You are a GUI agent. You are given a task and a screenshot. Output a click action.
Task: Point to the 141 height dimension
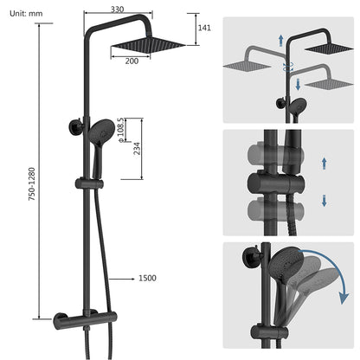point(204,28)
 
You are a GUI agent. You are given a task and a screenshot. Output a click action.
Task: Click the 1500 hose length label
point(148,279)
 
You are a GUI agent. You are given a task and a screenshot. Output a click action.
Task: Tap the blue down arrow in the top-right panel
point(297,84)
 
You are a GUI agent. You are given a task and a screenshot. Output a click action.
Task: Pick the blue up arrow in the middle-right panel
point(324,162)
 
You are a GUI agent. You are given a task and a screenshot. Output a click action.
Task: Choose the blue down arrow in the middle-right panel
point(324,200)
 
